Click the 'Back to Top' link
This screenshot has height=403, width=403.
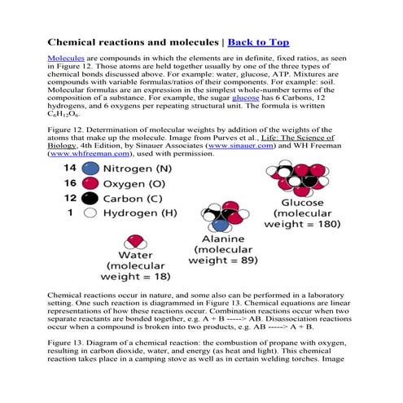pyautogui.click(x=258, y=41)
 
